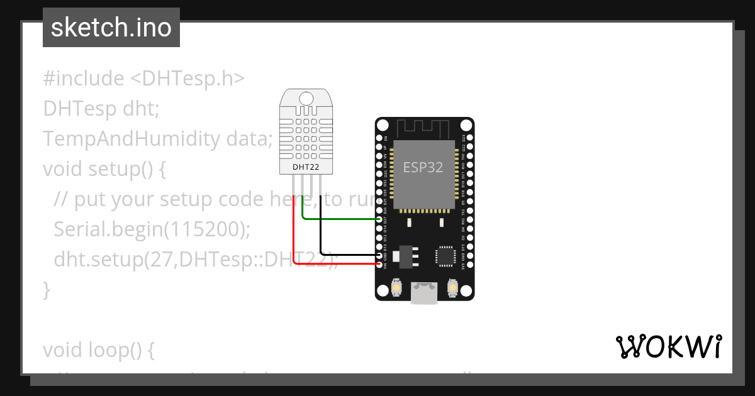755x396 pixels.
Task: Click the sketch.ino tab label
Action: point(111,28)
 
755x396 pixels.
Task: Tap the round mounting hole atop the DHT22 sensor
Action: point(306,98)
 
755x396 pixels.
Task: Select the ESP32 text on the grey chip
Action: point(423,167)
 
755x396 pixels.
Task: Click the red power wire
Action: point(293,239)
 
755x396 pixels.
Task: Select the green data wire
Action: point(340,219)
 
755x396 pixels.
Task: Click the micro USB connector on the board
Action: point(424,293)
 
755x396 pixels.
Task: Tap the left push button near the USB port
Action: point(397,288)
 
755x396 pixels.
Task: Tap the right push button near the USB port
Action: point(452,288)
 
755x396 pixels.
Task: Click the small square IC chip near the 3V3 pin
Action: point(445,256)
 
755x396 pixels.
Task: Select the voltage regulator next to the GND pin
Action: point(400,255)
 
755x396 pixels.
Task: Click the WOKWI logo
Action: point(668,346)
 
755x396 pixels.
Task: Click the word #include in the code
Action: point(84,79)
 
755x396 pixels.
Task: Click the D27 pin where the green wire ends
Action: point(379,219)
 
